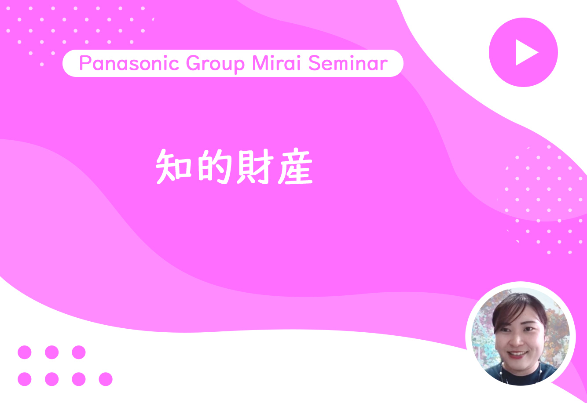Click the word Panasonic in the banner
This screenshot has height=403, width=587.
[129, 63]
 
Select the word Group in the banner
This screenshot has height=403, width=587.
[216, 64]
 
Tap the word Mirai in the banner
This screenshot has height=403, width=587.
[276, 63]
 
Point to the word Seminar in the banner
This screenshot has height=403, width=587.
[348, 63]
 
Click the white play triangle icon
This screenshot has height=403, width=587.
[525, 52]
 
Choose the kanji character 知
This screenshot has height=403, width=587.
[173, 167]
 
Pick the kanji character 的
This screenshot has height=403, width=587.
[215, 167]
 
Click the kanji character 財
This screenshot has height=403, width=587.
[255, 167]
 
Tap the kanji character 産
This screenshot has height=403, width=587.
[295, 167]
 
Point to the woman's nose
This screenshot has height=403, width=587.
[515, 340]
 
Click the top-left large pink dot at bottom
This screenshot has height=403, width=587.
[25, 352]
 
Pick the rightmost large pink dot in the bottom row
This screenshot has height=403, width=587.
[106, 379]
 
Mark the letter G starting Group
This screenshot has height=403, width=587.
[194, 63]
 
